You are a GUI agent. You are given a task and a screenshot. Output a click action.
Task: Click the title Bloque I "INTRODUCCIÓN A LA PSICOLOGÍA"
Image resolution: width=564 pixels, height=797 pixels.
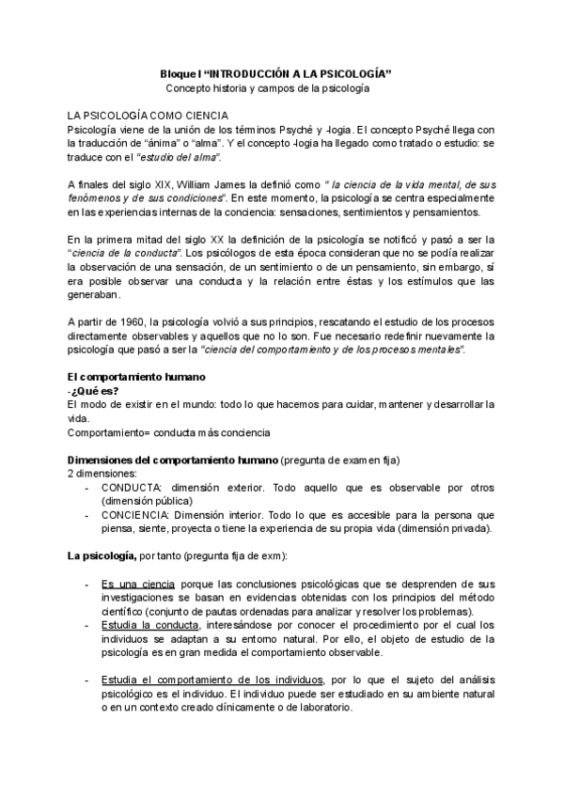pyautogui.click(x=275, y=73)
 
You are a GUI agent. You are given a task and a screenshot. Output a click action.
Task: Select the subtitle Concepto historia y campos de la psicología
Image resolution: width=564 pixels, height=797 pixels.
pyautogui.click(x=268, y=88)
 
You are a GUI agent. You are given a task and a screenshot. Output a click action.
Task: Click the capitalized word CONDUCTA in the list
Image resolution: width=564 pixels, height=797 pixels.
pyautogui.click(x=132, y=488)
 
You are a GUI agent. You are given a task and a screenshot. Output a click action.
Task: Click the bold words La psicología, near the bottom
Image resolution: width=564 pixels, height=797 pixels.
pyautogui.click(x=102, y=556)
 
